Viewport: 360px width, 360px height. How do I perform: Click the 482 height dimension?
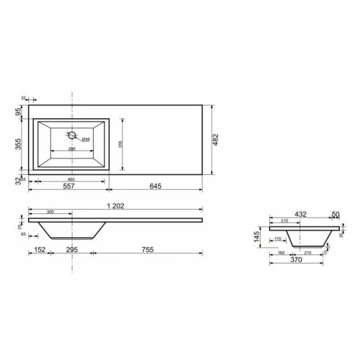[214, 139]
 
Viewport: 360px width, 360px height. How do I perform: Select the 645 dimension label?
[155, 186]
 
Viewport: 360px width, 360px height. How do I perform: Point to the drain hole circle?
[72, 135]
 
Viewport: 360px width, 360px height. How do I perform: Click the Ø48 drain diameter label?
[85, 139]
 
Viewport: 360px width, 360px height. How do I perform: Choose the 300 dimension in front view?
[50, 212]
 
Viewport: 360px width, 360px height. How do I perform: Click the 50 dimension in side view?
[336, 214]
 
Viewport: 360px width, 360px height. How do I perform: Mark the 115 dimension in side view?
[278, 239]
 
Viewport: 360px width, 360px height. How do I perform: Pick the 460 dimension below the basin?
[72, 179]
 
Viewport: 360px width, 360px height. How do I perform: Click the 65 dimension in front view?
[24, 234]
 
